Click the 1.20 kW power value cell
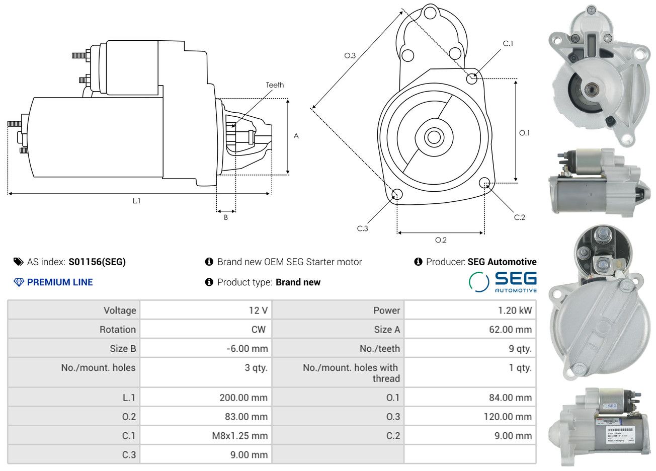[515, 310]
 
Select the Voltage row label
[120, 310]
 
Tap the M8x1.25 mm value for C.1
[239, 436]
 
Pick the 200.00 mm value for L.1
[243, 398]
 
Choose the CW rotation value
[258, 330]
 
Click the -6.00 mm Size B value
[247, 349]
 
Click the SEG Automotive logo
[503, 282]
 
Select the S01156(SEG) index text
[97, 262]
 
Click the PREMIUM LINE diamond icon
[19, 282]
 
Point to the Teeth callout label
[275, 85]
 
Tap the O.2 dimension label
[441, 240]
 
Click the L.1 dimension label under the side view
[136, 201]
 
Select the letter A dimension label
[296, 136]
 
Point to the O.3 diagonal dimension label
[350, 55]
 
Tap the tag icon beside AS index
[18, 262]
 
